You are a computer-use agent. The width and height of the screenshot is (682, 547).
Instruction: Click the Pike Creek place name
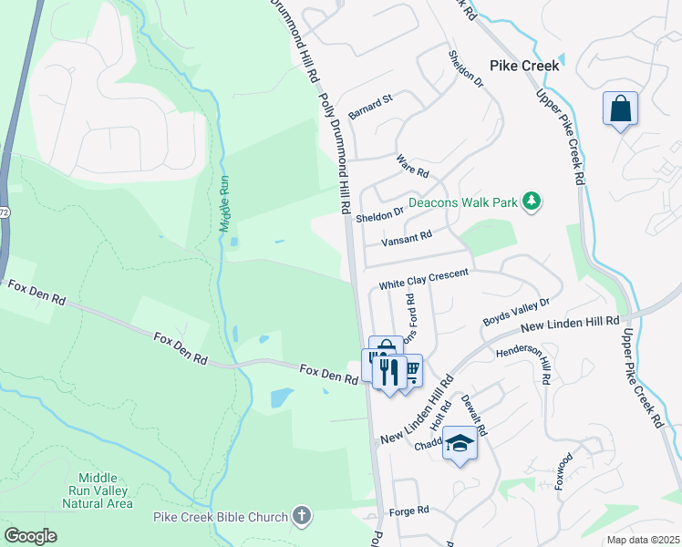coord(525,66)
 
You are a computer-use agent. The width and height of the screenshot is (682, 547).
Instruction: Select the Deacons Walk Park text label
coord(462,201)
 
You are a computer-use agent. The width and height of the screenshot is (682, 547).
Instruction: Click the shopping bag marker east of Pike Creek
coord(620,109)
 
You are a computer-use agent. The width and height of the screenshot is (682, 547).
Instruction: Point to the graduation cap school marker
coord(460,445)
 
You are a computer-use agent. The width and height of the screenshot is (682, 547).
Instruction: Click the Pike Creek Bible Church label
coord(220,518)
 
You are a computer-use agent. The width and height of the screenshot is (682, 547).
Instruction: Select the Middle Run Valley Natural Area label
coord(105,490)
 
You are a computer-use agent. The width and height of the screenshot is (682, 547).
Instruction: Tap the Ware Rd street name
coord(413,166)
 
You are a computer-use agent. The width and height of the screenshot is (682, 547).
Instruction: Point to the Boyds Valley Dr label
coord(516,315)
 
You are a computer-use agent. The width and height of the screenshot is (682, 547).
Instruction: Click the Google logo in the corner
coord(31,536)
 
